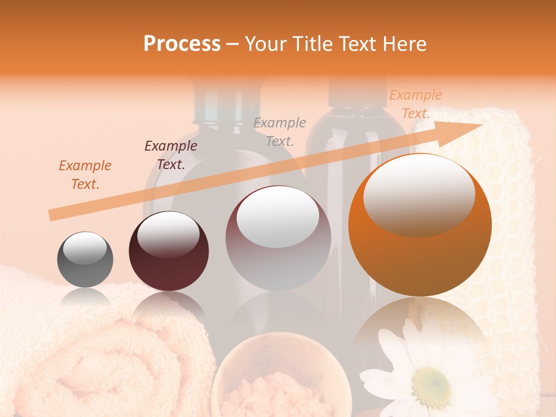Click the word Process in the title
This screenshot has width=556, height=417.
click(x=182, y=44)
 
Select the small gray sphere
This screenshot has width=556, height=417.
click(x=85, y=259)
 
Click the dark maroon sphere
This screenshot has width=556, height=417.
click(x=169, y=251)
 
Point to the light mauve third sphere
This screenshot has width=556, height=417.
click(x=278, y=238)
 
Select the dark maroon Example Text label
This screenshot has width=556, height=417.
click(x=171, y=155)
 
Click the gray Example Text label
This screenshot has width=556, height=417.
click(x=280, y=131)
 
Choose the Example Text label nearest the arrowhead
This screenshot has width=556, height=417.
click(x=416, y=104)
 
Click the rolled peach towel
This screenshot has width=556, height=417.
click(x=87, y=359)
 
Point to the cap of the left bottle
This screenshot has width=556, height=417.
click(x=222, y=102)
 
